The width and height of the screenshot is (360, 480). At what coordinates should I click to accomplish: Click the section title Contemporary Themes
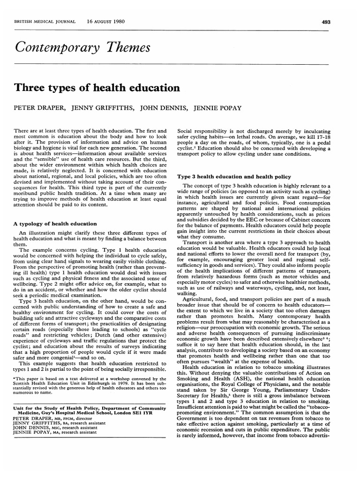(83, 47)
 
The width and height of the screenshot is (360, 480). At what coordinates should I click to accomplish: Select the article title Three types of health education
(97, 87)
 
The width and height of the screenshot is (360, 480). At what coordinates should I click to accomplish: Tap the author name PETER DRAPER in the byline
(40, 108)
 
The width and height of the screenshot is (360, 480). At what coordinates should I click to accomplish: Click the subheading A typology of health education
(55, 224)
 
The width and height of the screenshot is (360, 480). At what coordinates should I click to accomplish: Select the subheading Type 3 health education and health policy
(233, 177)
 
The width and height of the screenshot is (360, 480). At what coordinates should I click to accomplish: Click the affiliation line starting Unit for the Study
(89, 409)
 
